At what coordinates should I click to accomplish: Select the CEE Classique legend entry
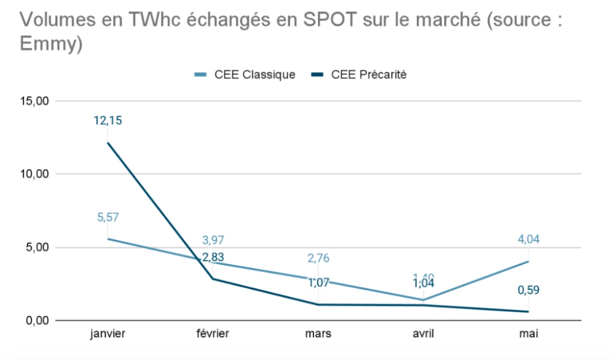click(245, 75)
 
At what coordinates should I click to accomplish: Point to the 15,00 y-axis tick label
click(33, 101)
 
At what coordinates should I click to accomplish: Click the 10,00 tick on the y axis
click(33, 174)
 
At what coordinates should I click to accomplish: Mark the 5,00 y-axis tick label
click(35, 247)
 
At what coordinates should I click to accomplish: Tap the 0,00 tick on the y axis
click(35, 321)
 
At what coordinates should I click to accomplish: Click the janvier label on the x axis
click(108, 334)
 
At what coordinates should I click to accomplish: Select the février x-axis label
click(213, 334)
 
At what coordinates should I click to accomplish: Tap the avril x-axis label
click(424, 334)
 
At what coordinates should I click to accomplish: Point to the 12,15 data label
click(108, 120)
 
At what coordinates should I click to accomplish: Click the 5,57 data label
click(108, 218)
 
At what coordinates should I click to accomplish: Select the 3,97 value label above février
click(213, 241)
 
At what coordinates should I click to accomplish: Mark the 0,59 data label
click(528, 290)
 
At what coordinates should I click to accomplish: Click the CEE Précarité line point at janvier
click(108, 142)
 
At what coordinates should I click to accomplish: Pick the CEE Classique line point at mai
click(528, 261)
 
